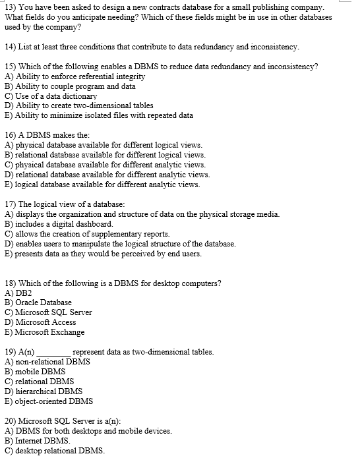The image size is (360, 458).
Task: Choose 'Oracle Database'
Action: point(42,302)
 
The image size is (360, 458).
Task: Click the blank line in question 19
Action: point(53,353)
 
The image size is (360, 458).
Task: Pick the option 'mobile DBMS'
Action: point(40,372)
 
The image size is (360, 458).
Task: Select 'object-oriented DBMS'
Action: point(53,401)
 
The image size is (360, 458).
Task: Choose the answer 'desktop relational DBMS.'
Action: point(59,451)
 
